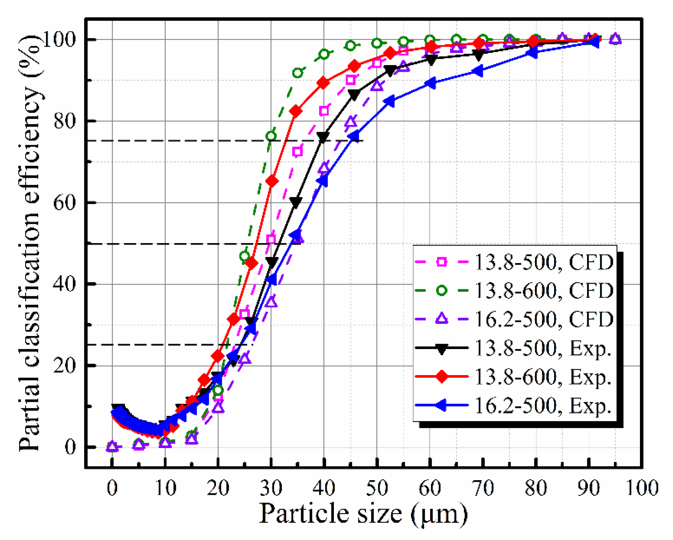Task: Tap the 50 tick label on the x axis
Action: click(377, 487)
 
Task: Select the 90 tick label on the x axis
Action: click(589, 487)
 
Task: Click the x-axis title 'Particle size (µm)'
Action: click(363, 514)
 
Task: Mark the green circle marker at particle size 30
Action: click(271, 136)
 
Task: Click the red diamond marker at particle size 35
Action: click(296, 111)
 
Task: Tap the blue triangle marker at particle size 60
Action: click(430, 83)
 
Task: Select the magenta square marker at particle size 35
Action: click(297, 152)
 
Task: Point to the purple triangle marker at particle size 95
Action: click(615, 39)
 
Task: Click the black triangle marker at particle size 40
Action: click(323, 137)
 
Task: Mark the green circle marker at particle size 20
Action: click(218, 390)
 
